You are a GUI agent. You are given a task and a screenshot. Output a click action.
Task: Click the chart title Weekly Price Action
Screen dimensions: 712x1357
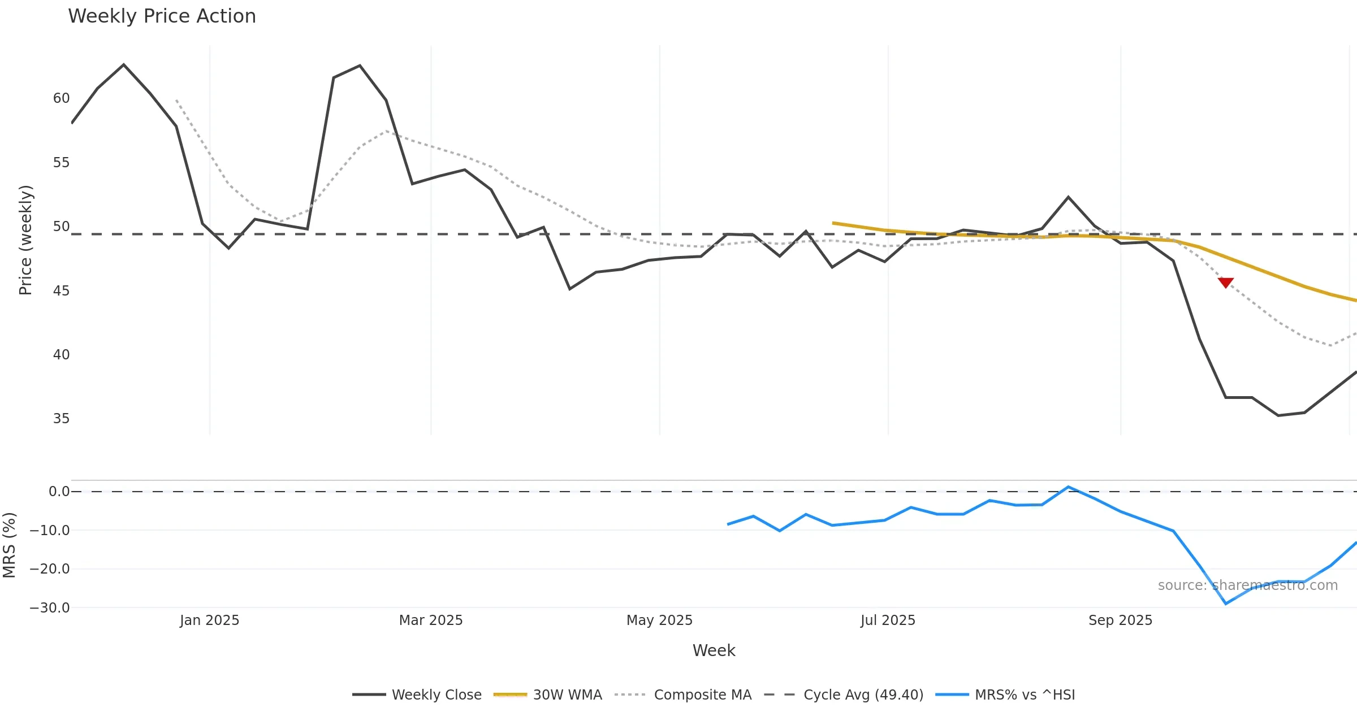point(162,16)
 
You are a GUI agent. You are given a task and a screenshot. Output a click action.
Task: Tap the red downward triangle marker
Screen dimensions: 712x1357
point(1225,283)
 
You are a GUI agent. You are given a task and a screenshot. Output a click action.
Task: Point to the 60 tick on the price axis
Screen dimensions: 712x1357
point(61,98)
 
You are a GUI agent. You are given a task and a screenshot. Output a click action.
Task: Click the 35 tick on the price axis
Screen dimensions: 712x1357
point(61,419)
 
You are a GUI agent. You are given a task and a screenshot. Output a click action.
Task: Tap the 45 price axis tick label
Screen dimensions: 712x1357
point(61,291)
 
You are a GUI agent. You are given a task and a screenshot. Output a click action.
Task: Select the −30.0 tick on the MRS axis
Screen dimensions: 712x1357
point(50,608)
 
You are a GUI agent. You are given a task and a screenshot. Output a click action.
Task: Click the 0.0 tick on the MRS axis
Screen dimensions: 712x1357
point(59,492)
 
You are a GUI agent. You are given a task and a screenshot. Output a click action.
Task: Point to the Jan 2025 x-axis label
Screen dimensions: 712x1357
point(209,620)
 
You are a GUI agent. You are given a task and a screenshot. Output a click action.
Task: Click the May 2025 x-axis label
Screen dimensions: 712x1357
point(659,620)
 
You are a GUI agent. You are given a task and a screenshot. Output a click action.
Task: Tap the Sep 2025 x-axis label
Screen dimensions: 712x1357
point(1120,620)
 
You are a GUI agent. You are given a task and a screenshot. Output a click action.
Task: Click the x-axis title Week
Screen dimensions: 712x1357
point(714,650)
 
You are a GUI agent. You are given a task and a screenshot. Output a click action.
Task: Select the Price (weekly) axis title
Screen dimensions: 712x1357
point(26,240)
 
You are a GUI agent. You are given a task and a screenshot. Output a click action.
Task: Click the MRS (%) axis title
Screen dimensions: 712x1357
point(10,545)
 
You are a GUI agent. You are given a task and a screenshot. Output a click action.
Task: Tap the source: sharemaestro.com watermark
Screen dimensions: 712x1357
point(1247,585)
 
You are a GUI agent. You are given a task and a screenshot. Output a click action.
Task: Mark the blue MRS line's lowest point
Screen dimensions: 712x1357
point(1225,604)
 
